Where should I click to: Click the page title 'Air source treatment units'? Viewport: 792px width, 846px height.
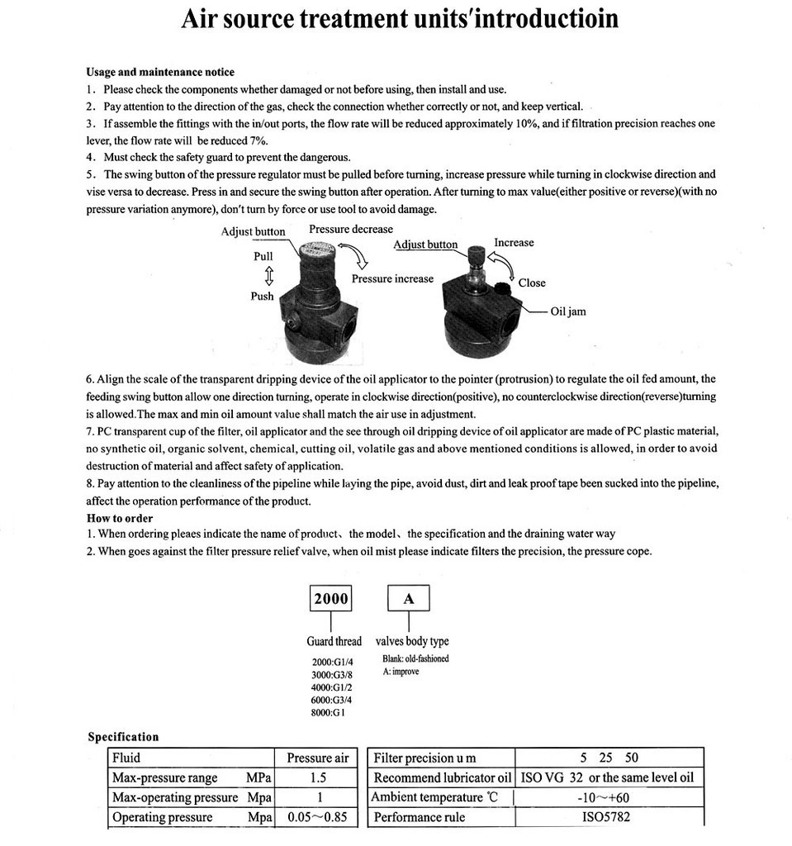(x=400, y=18)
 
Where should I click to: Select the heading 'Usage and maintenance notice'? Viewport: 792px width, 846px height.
(x=160, y=72)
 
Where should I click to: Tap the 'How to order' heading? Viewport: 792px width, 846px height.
(x=120, y=518)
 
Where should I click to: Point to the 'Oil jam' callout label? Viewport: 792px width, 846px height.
(x=568, y=311)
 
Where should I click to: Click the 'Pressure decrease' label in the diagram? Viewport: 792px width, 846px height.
(x=351, y=229)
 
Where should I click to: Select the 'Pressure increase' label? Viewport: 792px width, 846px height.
(x=392, y=278)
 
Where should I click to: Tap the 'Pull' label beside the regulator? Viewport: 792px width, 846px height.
(x=263, y=256)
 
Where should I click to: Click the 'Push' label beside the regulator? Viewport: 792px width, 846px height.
(x=262, y=296)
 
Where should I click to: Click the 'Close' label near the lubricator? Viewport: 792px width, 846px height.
(x=532, y=283)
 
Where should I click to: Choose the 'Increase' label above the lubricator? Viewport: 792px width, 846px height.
(x=514, y=242)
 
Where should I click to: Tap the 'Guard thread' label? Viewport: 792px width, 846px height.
(x=334, y=641)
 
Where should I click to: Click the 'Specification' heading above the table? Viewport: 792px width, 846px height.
(x=123, y=737)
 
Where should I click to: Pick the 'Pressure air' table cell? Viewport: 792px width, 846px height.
(x=318, y=758)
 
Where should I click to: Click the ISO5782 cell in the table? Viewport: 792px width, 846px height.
(x=609, y=817)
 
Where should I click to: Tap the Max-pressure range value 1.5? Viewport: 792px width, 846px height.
(x=318, y=777)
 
